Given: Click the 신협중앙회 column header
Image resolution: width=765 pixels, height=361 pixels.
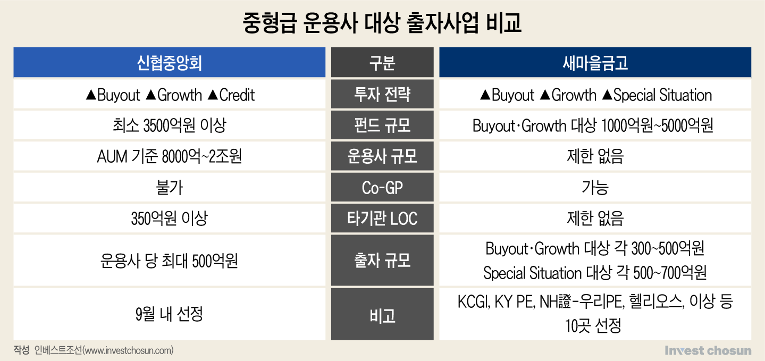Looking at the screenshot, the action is [170, 63].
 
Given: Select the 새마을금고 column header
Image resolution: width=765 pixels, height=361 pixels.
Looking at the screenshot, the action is [595, 63].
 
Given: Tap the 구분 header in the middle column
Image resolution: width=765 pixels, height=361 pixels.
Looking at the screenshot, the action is [382, 63].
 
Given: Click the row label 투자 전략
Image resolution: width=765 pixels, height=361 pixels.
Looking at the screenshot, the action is [382, 94].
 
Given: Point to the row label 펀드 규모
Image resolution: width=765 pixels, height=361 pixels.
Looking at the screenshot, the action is [382, 125].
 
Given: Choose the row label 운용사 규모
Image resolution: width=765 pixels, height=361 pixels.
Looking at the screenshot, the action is [382, 156].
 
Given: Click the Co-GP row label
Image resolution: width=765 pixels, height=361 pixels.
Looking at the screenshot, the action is [382, 188].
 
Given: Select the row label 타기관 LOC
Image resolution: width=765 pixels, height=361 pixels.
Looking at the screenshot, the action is [382, 218].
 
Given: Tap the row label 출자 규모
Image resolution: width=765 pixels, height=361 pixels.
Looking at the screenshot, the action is [382, 260].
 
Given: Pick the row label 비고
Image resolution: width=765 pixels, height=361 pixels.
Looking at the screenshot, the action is [382, 316].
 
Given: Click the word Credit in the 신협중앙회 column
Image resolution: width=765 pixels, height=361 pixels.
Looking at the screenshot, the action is [237, 95].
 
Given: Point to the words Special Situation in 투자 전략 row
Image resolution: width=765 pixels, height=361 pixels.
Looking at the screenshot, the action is [662, 95].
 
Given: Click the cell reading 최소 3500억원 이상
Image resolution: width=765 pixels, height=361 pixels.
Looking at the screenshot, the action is [170, 125].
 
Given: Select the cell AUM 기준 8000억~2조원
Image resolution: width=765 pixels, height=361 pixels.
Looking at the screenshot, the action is [170, 156].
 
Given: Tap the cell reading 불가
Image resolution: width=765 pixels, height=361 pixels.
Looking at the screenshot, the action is [170, 188].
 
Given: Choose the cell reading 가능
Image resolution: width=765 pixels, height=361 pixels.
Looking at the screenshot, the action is [595, 188].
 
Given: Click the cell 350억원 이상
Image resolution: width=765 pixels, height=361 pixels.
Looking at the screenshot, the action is [170, 218].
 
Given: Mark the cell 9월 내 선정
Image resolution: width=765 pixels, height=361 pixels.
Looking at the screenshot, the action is [170, 314].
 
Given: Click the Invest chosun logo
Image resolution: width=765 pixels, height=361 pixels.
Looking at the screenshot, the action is [708, 350].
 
